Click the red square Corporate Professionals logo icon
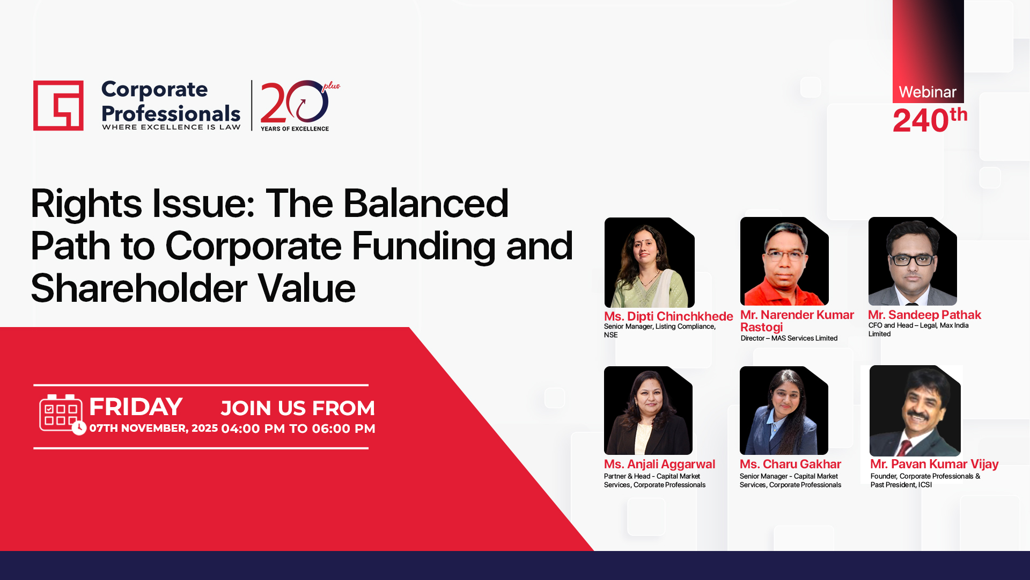(x=58, y=106)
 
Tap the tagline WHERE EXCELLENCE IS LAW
(x=171, y=127)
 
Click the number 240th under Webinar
(x=930, y=120)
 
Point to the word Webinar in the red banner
(x=928, y=92)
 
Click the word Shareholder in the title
(x=139, y=288)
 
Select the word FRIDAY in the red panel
(x=136, y=407)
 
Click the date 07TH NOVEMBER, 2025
(x=153, y=428)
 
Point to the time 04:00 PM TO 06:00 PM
(x=298, y=429)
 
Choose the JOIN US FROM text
(x=298, y=408)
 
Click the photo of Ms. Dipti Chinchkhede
(x=649, y=263)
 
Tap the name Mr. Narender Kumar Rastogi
(x=797, y=321)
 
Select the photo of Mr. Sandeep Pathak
(x=913, y=262)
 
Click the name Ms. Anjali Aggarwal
(x=659, y=464)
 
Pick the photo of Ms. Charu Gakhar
(x=784, y=411)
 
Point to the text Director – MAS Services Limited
(x=789, y=338)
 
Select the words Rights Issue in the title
(x=143, y=204)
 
